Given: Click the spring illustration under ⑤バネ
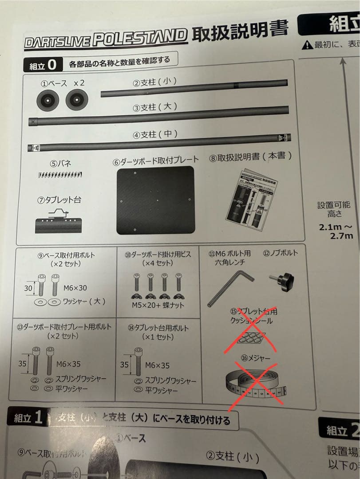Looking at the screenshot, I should [x=59, y=175].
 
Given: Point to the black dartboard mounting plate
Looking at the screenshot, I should [x=156, y=200].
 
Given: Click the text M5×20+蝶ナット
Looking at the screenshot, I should [x=158, y=305].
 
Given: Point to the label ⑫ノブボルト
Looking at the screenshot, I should [x=281, y=253].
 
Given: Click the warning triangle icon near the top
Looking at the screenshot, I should [x=307, y=45].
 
